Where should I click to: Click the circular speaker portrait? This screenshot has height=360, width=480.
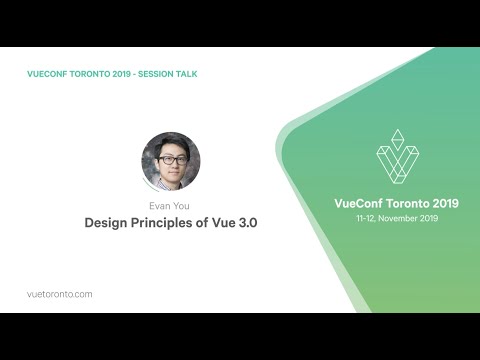coord(170,161)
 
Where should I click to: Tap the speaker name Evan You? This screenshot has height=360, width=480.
coord(170,206)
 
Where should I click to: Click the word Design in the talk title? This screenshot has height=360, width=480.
coord(106,224)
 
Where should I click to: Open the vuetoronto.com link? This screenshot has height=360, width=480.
coord(60,294)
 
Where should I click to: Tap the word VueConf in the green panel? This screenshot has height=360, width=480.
coord(357,203)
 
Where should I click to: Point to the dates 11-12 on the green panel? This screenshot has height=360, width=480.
coord(367,218)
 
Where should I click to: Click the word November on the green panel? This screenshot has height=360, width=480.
coord(400,218)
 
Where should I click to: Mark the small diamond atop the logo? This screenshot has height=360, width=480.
coord(397,136)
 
